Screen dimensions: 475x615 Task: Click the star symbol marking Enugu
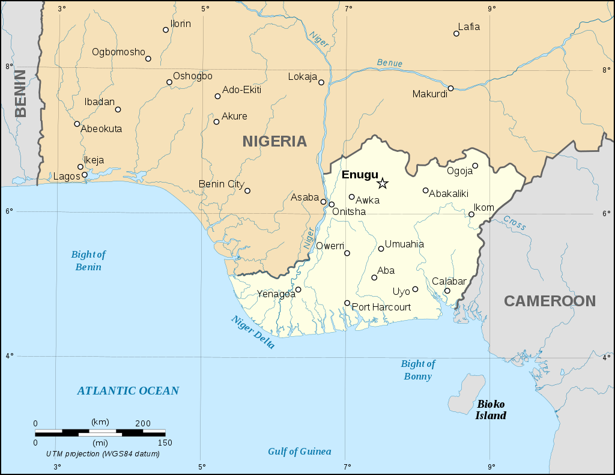[383, 183]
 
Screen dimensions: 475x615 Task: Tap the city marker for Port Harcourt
[347, 303]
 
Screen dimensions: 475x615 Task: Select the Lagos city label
[66, 177]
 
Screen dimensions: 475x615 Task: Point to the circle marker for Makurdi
[450, 88]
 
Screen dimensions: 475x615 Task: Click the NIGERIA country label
[274, 141]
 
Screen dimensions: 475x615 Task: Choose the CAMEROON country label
[550, 301]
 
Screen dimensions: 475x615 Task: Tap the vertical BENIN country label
[21, 93]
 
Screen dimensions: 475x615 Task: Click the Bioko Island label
[491, 410]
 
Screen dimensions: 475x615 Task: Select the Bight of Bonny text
[417, 370]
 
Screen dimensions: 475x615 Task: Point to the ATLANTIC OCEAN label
[128, 391]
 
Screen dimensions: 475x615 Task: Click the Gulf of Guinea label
[299, 452]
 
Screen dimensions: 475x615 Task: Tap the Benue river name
[390, 63]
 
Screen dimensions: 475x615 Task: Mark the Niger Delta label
[253, 332]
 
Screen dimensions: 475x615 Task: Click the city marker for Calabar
[447, 291]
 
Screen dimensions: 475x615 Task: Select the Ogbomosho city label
[118, 52]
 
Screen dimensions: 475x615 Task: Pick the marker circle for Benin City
[247, 191]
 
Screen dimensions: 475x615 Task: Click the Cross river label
[515, 223]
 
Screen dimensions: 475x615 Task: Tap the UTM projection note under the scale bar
[103, 453]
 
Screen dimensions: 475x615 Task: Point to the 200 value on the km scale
[142, 423]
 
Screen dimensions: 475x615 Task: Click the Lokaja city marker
[321, 82]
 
